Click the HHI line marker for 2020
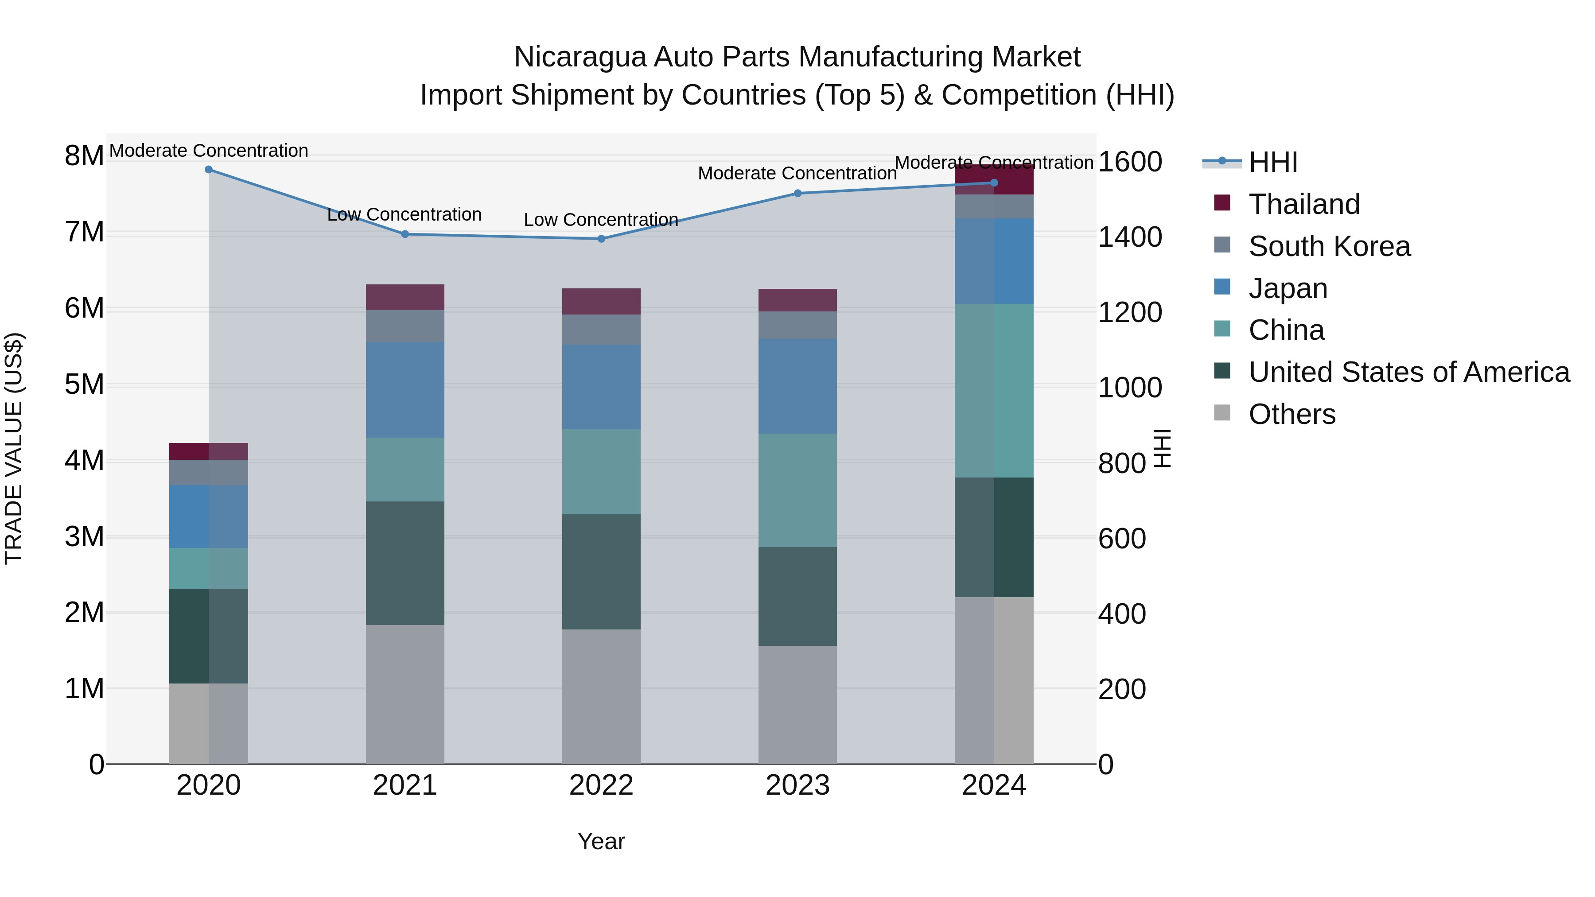coord(209,170)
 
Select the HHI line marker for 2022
coord(601,239)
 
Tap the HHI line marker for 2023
coord(797,194)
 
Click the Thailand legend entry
coord(1303,204)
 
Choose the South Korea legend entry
coord(1329,246)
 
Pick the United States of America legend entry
coord(1408,372)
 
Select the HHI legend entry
coord(1272,162)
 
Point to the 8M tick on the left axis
coord(84,156)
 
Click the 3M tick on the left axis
coord(84,537)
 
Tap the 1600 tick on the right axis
coord(1130,162)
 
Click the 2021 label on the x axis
coord(405,785)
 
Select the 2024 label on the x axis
coord(994,785)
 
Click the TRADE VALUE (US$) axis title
coord(14,448)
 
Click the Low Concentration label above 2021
coord(405,215)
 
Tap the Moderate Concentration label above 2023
coord(797,173)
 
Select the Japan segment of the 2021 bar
coord(405,390)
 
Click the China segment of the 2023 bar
coord(797,490)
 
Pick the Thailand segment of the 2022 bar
coord(601,302)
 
